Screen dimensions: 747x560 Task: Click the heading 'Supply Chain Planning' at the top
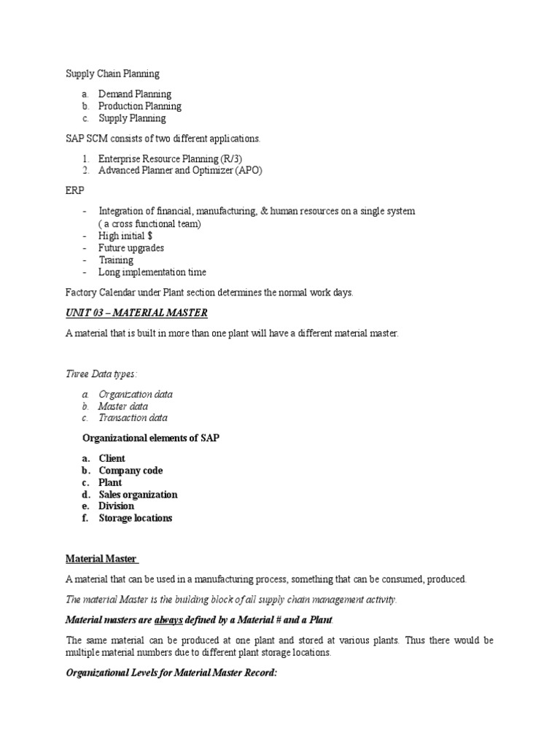[x=112, y=74]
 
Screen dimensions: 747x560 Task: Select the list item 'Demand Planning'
[x=135, y=94]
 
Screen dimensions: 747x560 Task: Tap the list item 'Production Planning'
[x=140, y=106]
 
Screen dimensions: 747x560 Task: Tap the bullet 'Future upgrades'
[x=131, y=248]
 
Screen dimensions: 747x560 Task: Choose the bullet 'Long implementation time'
[x=152, y=272]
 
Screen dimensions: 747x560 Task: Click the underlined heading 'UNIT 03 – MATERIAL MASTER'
[x=136, y=313]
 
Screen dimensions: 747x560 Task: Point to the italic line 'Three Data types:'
[x=101, y=373]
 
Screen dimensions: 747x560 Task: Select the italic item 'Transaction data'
[x=133, y=418]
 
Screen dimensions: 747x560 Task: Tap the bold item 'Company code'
[x=131, y=471]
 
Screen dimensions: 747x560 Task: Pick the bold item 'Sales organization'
[x=138, y=495]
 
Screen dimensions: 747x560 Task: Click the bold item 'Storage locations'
[x=136, y=518]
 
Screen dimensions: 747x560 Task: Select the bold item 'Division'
[x=117, y=506]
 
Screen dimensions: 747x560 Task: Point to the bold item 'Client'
[x=112, y=459]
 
